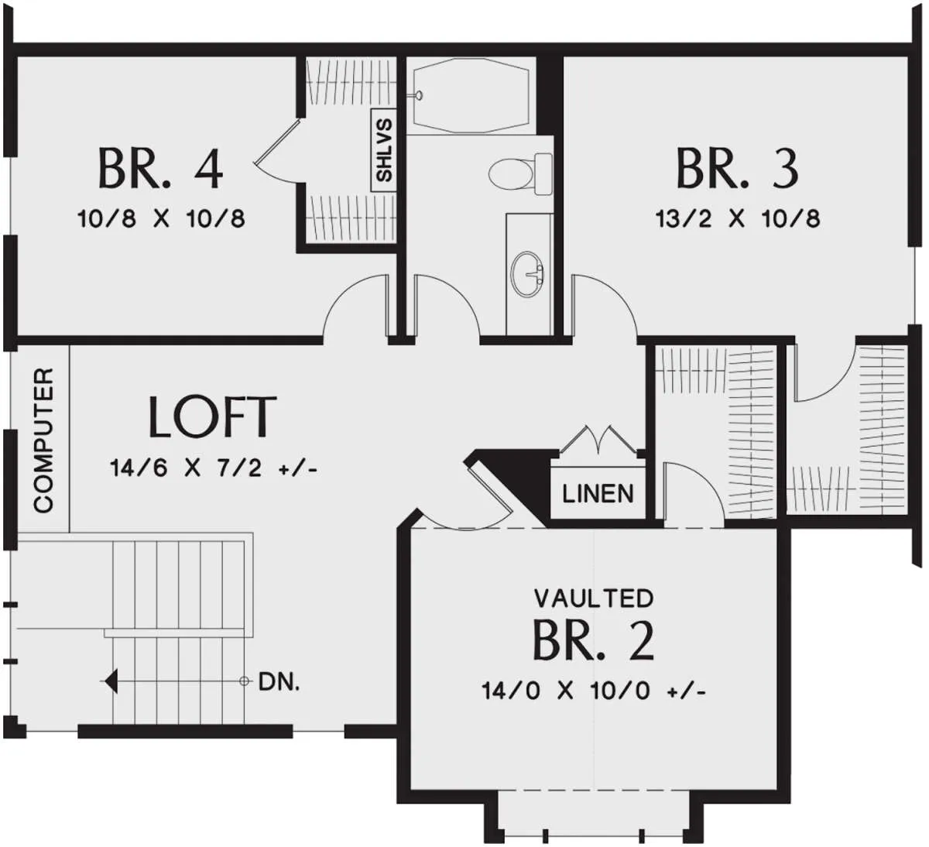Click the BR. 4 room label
click(x=161, y=168)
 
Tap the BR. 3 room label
click(x=737, y=168)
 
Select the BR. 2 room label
click(x=594, y=641)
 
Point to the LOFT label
click(x=213, y=417)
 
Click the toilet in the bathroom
click(x=520, y=173)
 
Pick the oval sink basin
click(x=527, y=274)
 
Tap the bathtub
click(x=471, y=95)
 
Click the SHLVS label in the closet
click(x=384, y=150)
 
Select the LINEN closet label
click(x=598, y=493)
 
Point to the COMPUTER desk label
click(x=44, y=441)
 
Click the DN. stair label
click(x=279, y=681)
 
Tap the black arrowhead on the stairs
click(x=110, y=681)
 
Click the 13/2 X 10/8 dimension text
click(x=738, y=218)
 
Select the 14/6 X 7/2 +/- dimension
click(x=214, y=468)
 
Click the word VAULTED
click(x=594, y=598)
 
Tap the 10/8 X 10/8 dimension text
click(x=161, y=218)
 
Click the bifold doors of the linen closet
click(x=598, y=438)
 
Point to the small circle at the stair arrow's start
click(x=245, y=681)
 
